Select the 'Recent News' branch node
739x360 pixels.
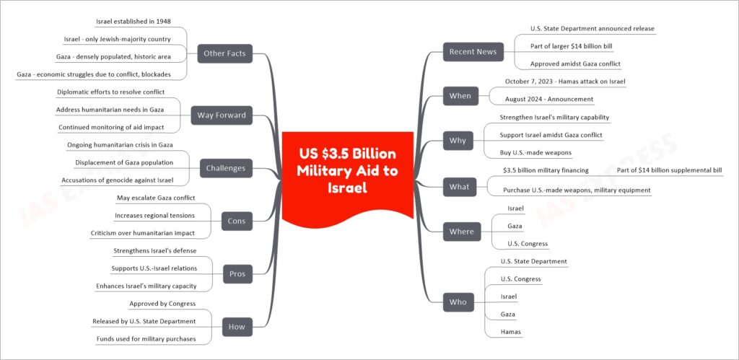(473, 52)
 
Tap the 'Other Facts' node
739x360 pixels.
(225, 53)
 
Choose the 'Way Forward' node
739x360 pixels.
(222, 115)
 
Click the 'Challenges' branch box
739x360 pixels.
(226, 168)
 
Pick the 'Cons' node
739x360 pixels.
(237, 221)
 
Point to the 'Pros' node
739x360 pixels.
(237, 273)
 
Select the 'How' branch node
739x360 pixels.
(237, 327)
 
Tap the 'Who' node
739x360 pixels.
(458, 302)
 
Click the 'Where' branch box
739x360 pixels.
(462, 232)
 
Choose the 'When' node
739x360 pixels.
(460, 96)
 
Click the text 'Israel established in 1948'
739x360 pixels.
(134, 21)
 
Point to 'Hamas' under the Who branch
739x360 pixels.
(511, 332)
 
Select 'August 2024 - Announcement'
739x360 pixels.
(549, 99)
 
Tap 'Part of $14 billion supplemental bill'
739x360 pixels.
(669, 170)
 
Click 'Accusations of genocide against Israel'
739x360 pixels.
(117, 180)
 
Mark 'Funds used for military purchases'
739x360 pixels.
(146, 339)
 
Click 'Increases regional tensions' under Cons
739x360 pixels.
(155, 215)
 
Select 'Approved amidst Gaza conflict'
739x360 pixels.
(575, 63)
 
